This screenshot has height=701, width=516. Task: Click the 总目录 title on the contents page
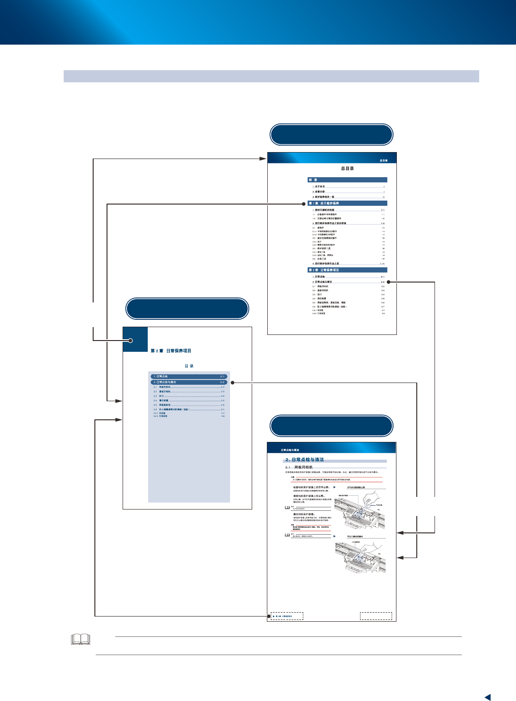click(x=347, y=169)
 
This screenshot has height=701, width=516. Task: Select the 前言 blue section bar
click(x=347, y=180)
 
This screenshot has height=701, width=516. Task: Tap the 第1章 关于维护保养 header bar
click(x=347, y=203)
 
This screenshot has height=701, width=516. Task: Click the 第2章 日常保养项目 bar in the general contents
click(x=347, y=270)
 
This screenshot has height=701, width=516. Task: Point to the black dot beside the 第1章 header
click(x=305, y=204)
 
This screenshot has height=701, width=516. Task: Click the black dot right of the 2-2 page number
click(x=389, y=282)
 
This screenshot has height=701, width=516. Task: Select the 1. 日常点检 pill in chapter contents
click(x=189, y=376)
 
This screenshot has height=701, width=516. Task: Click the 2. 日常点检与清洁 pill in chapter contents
click(x=189, y=382)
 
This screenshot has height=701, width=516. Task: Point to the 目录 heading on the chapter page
click(x=189, y=366)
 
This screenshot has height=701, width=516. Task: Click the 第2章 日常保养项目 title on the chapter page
click(x=171, y=351)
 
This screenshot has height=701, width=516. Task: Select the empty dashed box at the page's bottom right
click(x=376, y=616)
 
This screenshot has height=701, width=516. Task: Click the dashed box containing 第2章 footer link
click(x=287, y=616)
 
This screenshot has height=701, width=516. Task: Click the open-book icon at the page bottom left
click(x=81, y=639)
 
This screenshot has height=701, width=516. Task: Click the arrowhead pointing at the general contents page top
click(x=263, y=159)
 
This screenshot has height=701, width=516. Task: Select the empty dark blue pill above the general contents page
click(x=331, y=135)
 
